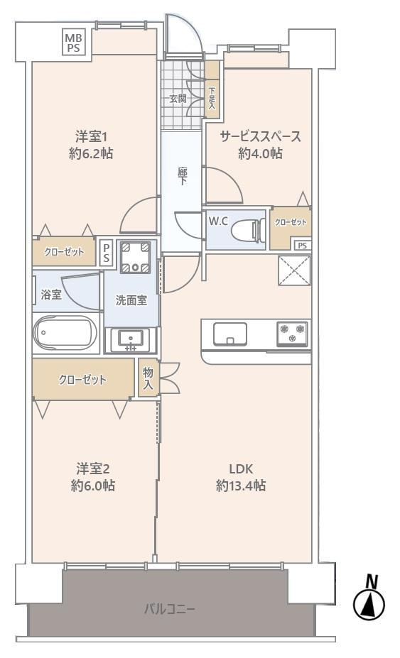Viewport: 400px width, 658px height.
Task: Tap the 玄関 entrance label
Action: pyautogui.click(x=178, y=99)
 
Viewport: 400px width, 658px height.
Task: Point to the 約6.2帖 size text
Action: pyautogui.click(x=91, y=153)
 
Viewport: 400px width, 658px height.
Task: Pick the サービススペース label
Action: pyautogui.click(x=261, y=136)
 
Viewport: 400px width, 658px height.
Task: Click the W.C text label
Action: pyautogui.click(x=219, y=221)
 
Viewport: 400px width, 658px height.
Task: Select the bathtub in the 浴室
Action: pyautogui.click(x=65, y=332)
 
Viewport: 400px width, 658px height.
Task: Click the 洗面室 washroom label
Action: pyautogui.click(x=131, y=300)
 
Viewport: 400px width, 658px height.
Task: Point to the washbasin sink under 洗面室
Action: pyautogui.click(x=131, y=339)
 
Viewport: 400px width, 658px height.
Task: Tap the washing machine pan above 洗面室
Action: pyautogui.click(x=135, y=257)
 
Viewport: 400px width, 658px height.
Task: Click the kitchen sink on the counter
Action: pyautogui.click(x=229, y=334)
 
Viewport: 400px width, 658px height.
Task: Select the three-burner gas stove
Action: pyautogui.click(x=293, y=334)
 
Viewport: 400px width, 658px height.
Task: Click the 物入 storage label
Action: pyautogui.click(x=148, y=378)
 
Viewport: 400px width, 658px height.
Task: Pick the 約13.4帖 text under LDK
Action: pyautogui.click(x=241, y=486)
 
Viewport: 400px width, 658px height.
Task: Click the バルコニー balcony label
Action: pyautogui.click(x=170, y=608)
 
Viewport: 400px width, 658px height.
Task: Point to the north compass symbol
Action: pyautogui.click(x=369, y=600)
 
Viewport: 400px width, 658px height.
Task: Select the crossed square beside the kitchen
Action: pyautogui.click(x=295, y=270)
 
